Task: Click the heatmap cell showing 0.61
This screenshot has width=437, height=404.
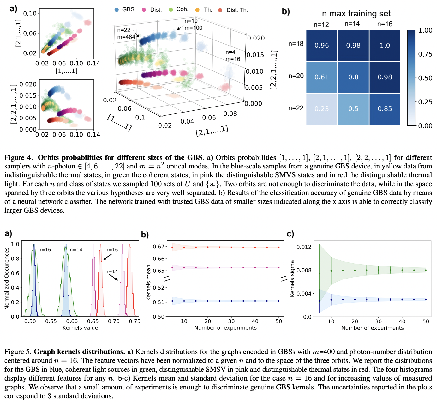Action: [321, 77]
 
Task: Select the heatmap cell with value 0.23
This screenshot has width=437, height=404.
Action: [321, 109]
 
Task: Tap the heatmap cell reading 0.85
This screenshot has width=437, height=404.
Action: [385, 109]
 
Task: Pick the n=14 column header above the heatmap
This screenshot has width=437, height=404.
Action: [352, 24]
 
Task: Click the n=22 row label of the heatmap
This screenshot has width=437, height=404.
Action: [296, 108]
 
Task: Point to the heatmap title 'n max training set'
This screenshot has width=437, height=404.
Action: [356, 14]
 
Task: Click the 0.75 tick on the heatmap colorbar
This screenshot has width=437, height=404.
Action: [425, 54]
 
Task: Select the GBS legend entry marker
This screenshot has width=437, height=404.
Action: [117, 10]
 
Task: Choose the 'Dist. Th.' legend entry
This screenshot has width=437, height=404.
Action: [234, 10]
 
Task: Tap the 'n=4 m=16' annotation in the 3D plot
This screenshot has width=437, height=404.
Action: [233, 56]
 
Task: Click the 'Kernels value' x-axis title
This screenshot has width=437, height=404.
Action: [80, 328]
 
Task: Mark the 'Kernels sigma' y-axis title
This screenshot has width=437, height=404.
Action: [292, 279]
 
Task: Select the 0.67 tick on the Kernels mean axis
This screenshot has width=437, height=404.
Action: [159, 247]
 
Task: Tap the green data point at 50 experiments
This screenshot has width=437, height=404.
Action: [426, 270]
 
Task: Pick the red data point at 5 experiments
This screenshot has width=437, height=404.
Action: [172, 247]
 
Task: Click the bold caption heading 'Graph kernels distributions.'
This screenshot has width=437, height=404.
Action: [80, 352]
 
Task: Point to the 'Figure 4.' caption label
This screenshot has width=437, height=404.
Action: [19, 158]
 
